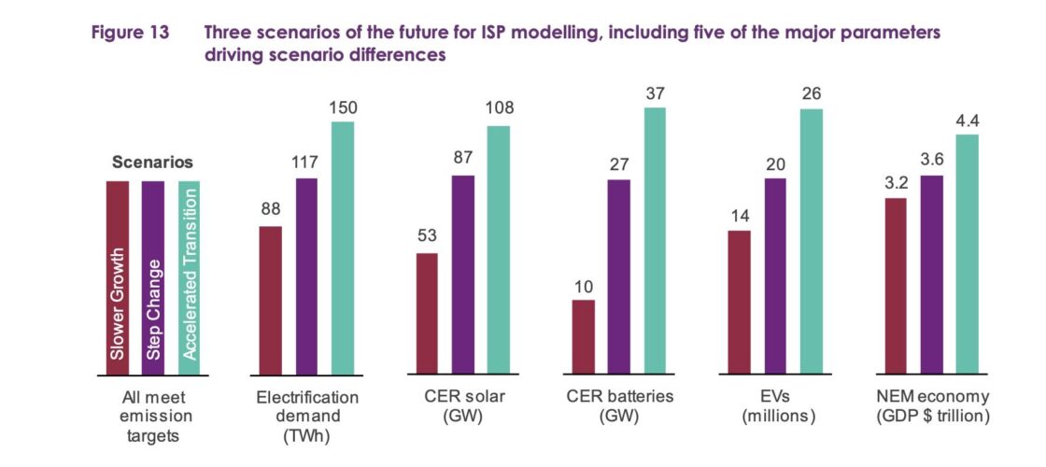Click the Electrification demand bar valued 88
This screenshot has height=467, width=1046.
click(270, 300)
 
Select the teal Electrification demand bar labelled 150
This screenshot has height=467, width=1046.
click(343, 248)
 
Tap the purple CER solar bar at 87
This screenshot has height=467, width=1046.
click(463, 275)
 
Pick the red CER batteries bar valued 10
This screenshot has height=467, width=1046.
click(583, 337)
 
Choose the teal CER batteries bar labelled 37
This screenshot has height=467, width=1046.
click(654, 241)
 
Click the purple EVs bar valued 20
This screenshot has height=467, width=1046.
click(776, 276)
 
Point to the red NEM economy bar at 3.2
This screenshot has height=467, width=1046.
click(896, 286)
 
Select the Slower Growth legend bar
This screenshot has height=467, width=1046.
click(117, 277)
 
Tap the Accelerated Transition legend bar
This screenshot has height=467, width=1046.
click(189, 277)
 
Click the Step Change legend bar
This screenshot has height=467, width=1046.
click(152, 277)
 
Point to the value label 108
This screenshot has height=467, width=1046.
click(499, 109)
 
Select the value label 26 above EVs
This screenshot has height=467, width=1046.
click(812, 93)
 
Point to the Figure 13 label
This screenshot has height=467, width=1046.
click(130, 33)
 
